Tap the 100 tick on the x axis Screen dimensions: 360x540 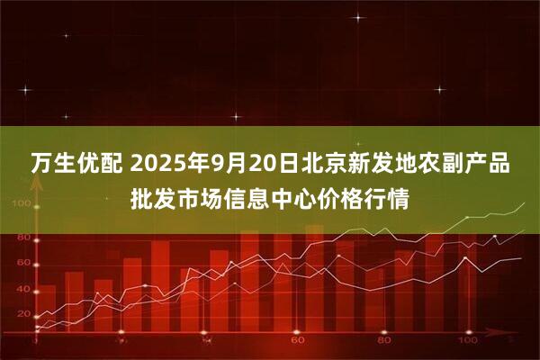tap(469, 343)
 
